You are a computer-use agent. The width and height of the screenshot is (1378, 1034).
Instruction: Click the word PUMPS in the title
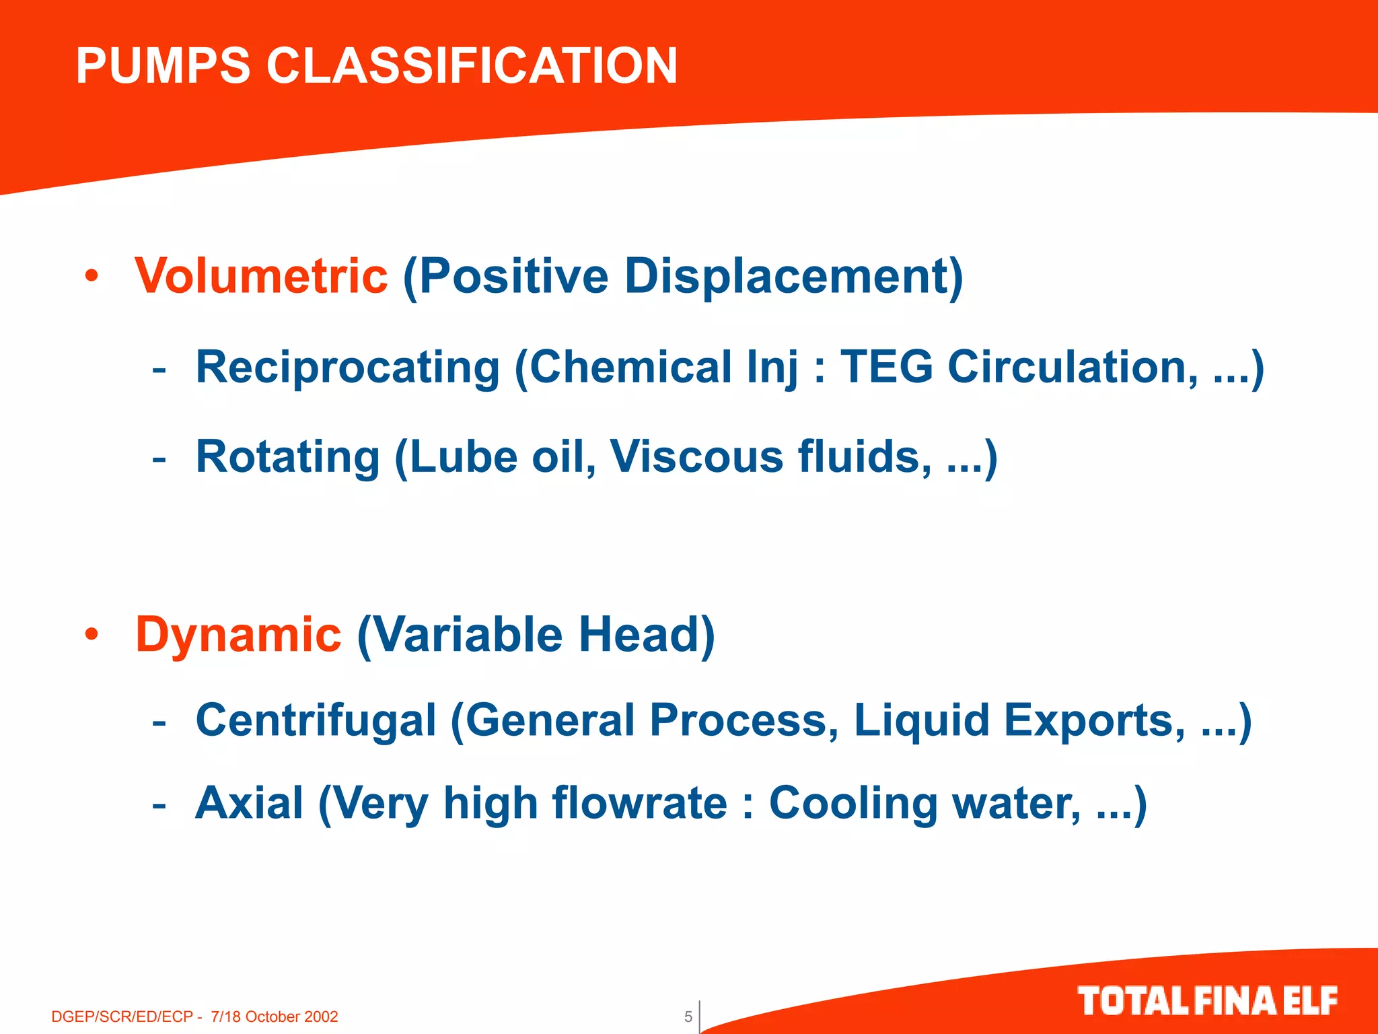tap(163, 66)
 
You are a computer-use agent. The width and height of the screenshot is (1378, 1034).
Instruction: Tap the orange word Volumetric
tap(261, 276)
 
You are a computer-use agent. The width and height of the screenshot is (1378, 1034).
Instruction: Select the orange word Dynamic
tap(238, 635)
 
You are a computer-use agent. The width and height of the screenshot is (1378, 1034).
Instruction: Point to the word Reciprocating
tap(347, 368)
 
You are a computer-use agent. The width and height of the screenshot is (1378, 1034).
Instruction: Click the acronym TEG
tap(887, 368)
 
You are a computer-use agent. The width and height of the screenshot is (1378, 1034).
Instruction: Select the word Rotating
tap(288, 457)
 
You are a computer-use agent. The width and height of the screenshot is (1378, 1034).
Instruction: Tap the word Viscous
tap(696, 457)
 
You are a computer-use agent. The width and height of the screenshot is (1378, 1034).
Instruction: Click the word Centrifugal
tap(316, 720)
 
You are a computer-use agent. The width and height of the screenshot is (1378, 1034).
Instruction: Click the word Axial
tap(250, 803)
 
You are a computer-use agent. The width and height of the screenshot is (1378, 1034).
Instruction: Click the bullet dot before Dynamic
tap(92, 635)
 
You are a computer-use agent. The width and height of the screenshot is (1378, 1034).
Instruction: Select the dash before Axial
tap(159, 804)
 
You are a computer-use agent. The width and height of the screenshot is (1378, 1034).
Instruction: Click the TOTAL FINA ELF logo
tap(1207, 1001)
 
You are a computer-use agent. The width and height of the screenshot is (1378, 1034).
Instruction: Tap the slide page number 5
tap(688, 1016)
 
